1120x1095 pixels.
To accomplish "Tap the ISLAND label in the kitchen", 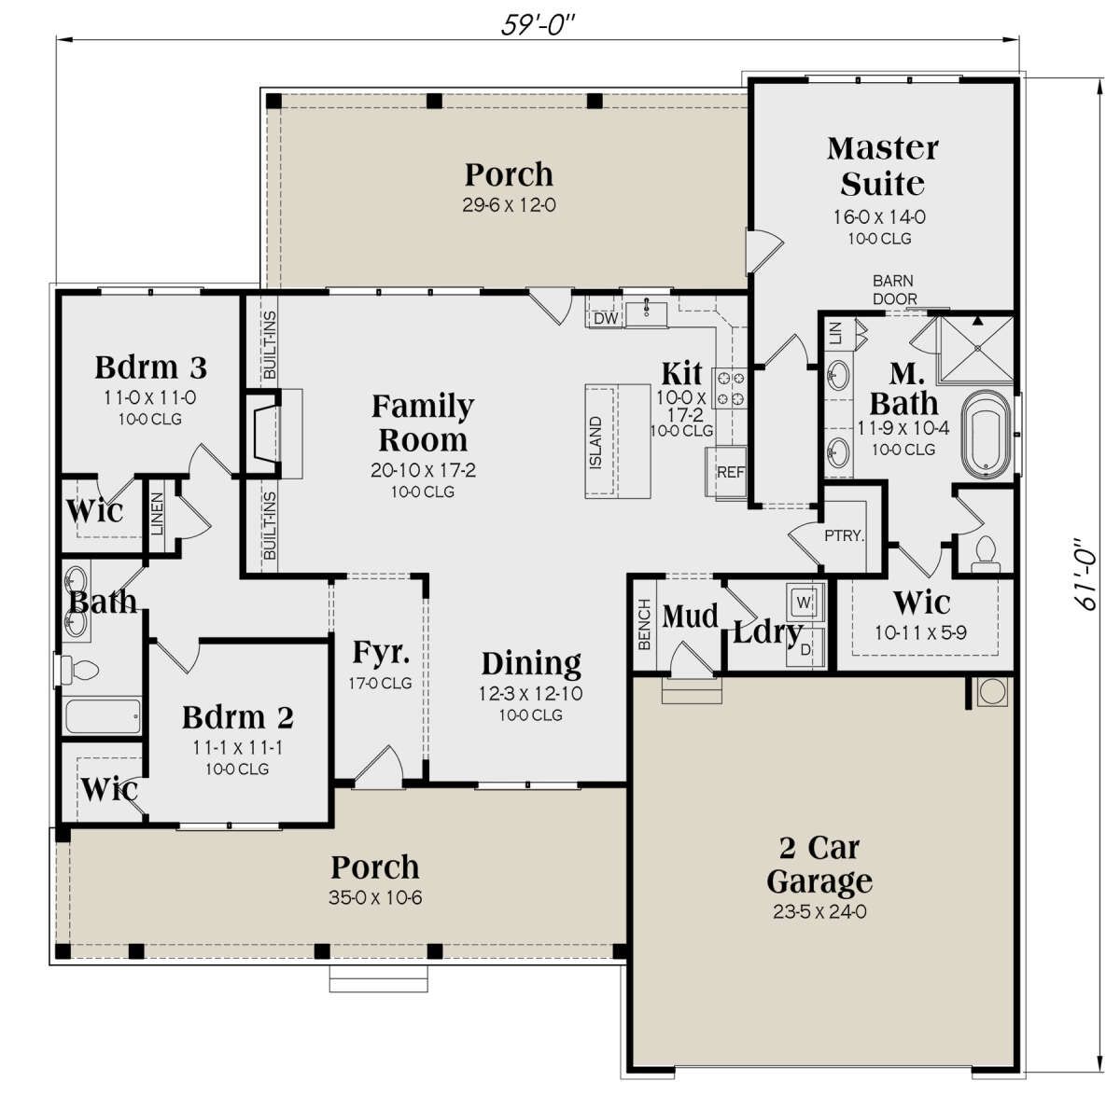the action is click(596, 443).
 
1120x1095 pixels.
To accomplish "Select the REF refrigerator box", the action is click(727, 472).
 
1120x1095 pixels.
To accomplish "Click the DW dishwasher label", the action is click(606, 319).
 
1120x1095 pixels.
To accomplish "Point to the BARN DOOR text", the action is click(894, 290).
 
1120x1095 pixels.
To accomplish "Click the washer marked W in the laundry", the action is click(805, 603).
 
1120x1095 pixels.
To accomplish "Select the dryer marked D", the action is click(805, 649).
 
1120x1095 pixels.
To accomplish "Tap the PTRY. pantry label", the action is click(845, 536).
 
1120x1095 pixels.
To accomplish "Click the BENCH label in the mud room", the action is click(645, 625).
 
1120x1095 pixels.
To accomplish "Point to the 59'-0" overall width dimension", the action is click(539, 26).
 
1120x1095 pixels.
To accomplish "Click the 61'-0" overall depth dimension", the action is click(1085, 574).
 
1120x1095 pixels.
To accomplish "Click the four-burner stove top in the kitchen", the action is click(730, 388).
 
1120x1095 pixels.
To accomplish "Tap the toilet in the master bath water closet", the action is click(986, 553).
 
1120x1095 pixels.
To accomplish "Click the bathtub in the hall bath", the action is click(103, 716).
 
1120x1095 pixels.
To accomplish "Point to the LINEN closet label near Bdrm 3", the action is click(157, 514).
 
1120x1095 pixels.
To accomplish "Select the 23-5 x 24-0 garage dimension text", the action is click(819, 911).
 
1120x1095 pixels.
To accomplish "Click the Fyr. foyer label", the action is click(381, 653).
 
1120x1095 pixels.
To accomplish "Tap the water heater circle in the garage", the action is click(992, 691).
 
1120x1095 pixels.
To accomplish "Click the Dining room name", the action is click(531, 665).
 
